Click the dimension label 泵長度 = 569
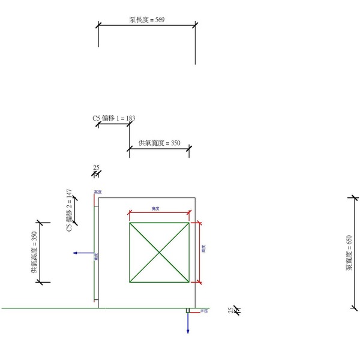147,20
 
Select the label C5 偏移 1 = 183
113,118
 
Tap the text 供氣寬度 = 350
159,143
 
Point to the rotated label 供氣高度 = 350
34,252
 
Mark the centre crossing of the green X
159,252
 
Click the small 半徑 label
204,311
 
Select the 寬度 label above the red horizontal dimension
155,208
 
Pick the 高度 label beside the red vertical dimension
204,247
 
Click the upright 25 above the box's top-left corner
96,167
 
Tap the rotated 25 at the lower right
230,310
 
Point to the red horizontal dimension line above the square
159,212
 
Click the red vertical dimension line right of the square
199,252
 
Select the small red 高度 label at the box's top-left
98,193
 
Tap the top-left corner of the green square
130,223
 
